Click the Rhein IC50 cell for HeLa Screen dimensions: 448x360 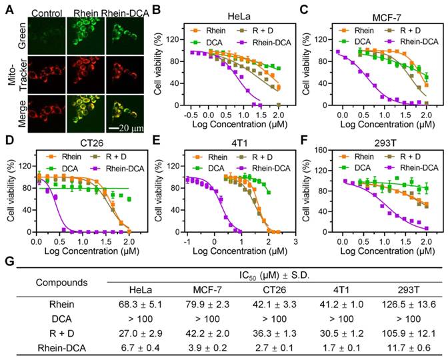click(x=140, y=305)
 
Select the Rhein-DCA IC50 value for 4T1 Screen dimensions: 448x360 click(x=342, y=348)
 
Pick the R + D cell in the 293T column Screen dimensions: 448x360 click(x=409, y=333)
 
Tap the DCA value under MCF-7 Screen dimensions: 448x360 click(x=207, y=319)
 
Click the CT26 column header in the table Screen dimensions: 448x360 click(x=274, y=290)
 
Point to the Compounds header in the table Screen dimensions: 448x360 click(x=62, y=283)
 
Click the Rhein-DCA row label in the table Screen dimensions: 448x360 click(x=62, y=348)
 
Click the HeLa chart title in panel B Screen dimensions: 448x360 click(x=239, y=17)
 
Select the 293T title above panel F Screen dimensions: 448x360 click(x=385, y=143)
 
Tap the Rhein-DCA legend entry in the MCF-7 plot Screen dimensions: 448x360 click(x=412, y=42)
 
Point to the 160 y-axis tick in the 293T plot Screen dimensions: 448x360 click(x=327, y=150)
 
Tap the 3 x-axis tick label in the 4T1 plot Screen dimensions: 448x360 click(x=295, y=242)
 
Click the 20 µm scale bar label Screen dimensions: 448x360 click(x=131, y=128)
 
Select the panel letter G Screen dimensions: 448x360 click(x=9, y=262)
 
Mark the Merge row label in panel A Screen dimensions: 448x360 click(x=22, y=114)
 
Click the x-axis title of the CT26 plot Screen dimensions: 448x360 click(x=92, y=251)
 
